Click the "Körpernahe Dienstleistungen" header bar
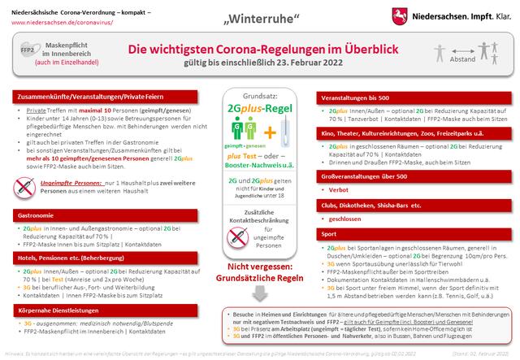coord(50,310)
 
